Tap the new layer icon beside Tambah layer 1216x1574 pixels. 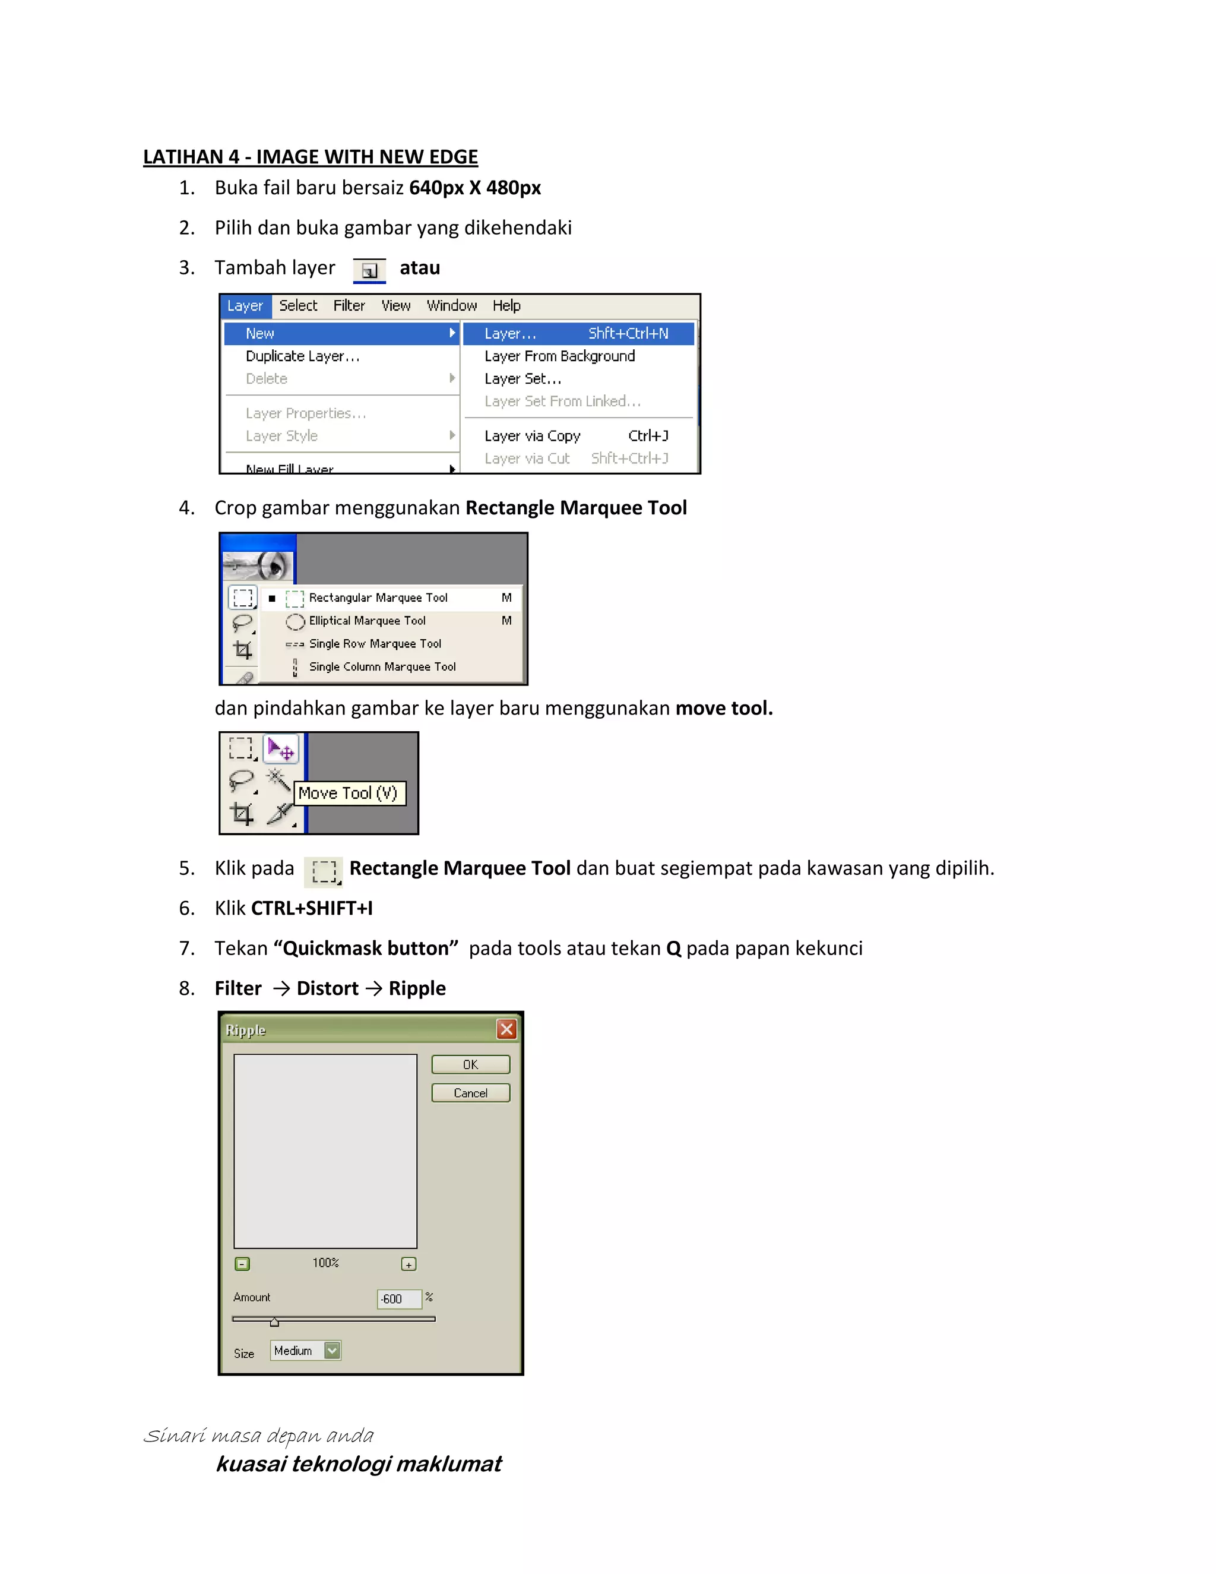[369, 270]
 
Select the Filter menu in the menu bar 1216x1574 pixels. [349, 305]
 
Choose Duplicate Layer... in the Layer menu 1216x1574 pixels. [303, 356]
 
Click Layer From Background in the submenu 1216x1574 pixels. [559, 356]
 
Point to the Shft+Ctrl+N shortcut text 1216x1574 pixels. [628, 333]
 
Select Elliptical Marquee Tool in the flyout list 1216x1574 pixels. [367, 621]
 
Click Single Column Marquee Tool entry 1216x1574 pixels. [382, 666]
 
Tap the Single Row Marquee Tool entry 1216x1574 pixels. [375, 644]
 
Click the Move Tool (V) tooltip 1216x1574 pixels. [349, 793]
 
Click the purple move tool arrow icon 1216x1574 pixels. [280, 750]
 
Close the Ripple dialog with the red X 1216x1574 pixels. [506, 1029]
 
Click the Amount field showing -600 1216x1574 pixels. [398, 1298]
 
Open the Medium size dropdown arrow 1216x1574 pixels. [332, 1351]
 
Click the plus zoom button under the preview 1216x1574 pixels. [408, 1264]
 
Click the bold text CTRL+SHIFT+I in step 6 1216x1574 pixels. [311, 908]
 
